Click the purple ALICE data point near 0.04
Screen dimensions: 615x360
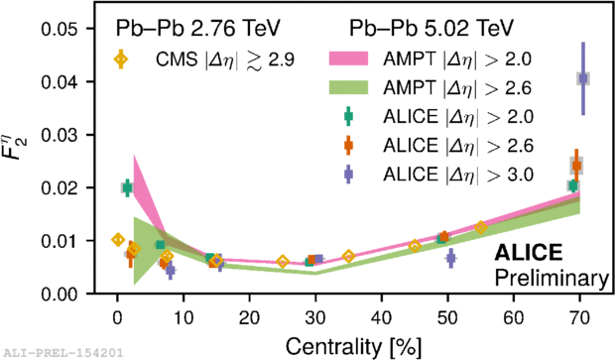[x=583, y=78]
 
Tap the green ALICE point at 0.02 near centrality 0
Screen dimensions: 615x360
[x=127, y=187]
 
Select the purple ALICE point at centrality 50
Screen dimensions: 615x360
[x=451, y=258]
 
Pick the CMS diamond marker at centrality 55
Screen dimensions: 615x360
[x=481, y=227]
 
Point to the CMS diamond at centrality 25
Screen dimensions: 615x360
[x=283, y=262]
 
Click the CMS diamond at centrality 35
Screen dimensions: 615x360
[x=348, y=257]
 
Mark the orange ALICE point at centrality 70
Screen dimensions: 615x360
[x=576, y=166]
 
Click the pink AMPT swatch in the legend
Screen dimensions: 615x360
[x=348, y=59]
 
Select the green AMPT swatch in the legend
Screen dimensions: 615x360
[x=348, y=87]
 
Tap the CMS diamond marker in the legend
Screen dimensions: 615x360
[x=121, y=60]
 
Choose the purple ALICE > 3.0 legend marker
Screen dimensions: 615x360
[x=348, y=175]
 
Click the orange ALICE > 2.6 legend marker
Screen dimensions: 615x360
[x=348, y=145]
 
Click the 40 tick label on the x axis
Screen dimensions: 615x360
[x=381, y=317]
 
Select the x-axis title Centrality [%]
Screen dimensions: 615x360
[x=353, y=346]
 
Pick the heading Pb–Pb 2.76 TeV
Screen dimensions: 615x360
[x=198, y=28]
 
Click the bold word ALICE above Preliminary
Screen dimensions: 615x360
[x=529, y=252]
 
